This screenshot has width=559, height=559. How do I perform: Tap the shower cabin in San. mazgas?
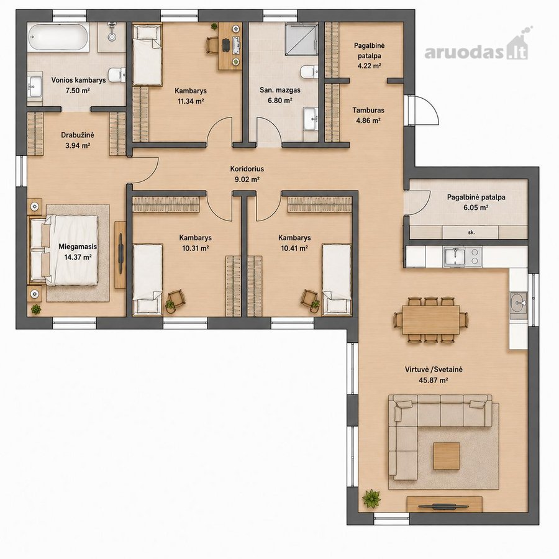click(x=301, y=39)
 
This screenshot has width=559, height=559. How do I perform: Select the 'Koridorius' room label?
click(x=247, y=168)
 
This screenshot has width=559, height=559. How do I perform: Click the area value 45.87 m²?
click(x=433, y=380)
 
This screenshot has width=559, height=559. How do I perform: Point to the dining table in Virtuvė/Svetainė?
click(x=431, y=319)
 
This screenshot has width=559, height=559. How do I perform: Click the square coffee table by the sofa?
click(x=447, y=456)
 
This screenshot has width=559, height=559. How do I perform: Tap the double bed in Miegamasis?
click(x=64, y=250)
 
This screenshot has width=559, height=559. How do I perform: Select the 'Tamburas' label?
click(x=368, y=110)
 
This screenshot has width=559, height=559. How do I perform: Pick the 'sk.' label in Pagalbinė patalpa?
click(x=471, y=232)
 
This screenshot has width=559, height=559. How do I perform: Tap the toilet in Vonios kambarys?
click(x=117, y=75)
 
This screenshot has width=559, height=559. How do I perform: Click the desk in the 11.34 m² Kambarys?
click(x=230, y=46)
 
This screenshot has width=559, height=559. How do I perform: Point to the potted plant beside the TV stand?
click(x=372, y=498)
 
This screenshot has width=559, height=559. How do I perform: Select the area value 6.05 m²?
click(x=476, y=207)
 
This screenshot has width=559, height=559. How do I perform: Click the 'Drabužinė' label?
click(x=78, y=135)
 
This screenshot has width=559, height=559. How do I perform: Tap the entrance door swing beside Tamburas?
click(x=425, y=110)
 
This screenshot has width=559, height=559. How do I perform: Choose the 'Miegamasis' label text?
click(x=78, y=247)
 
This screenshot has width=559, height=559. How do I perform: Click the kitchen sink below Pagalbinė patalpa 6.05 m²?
click(x=454, y=257)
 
